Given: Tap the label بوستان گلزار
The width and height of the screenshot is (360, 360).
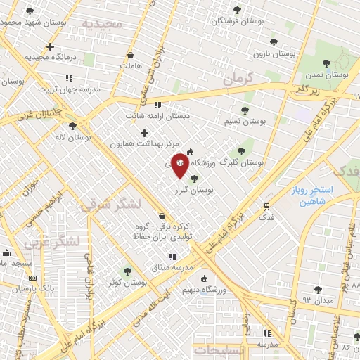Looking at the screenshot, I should tap(193, 190).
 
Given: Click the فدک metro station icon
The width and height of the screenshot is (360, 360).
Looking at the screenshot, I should tap(266, 206).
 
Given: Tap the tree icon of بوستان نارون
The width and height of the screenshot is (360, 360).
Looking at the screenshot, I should tap(274, 43).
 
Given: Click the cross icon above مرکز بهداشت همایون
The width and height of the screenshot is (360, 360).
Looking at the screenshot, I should tap(145, 133).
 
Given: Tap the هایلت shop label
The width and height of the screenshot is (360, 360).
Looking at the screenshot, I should tap(130, 65).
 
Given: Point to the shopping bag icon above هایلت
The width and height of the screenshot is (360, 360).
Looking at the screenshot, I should tap(130, 55).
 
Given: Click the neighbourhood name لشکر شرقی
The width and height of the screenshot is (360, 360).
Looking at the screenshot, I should tap(101, 205).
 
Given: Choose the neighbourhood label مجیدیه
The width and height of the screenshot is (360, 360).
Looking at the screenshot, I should tap(102, 24).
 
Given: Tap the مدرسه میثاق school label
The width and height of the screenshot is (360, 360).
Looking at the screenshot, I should tap(172, 267).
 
